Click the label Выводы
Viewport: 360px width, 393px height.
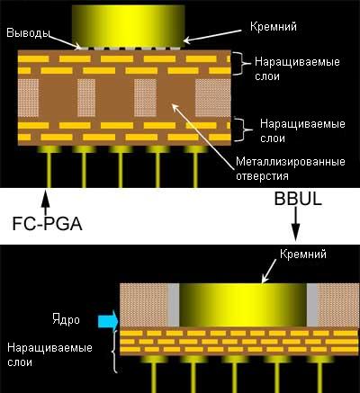coord(28,32)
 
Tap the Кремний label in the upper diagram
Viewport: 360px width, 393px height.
coord(274,27)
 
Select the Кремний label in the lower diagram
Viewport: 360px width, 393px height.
coord(303,255)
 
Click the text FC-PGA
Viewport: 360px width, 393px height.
coord(47,224)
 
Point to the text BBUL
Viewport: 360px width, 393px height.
coord(298,199)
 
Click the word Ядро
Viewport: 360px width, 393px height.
coord(66,319)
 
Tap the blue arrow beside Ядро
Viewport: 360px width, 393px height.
coord(108,320)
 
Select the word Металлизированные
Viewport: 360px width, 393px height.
coord(291,162)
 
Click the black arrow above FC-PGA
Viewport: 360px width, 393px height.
coord(45,202)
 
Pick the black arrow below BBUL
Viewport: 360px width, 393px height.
coord(296,224)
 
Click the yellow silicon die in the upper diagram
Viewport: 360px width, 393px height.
coord(129,26)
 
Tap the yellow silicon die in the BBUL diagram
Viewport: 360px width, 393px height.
coord(243,305)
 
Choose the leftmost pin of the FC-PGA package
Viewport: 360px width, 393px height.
coord(49,166)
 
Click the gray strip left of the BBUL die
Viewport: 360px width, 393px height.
coord(173,305)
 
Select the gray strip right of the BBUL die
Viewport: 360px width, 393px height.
coord(312,305)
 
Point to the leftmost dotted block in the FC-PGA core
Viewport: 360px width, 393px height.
coord(29,98)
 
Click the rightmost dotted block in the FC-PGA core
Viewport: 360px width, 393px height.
coord(213,98)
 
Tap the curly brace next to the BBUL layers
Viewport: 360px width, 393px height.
coord(114,352)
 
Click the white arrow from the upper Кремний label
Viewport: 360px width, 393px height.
coord(212,35)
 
